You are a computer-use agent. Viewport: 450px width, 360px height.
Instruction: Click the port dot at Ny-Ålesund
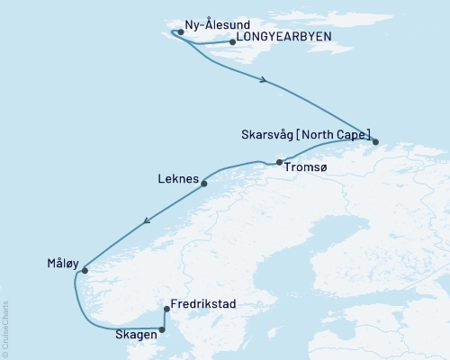tap(181, 31)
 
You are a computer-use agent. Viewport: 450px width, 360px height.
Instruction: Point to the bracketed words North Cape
tap(337, 136)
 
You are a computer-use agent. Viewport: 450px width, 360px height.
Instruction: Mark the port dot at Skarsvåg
tap(375, 141)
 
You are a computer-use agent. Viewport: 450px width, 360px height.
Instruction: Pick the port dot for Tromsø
tap(280, 162)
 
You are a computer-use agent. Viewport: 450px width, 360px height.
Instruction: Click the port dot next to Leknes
tap(204, 184)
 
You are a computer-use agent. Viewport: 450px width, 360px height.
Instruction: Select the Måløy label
tap(62, 264)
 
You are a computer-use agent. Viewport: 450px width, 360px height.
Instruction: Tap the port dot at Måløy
tap(85, 270)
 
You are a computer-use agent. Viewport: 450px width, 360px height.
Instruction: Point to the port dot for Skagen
tap(162, 329)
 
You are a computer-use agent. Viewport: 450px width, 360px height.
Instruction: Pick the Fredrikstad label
tap(203, 305)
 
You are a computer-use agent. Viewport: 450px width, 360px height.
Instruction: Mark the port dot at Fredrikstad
tap(166, 310)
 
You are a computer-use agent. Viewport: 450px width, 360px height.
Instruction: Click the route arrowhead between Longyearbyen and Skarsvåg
tap(263, 81)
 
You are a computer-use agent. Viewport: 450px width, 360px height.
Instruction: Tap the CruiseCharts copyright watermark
tap(5, 328)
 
